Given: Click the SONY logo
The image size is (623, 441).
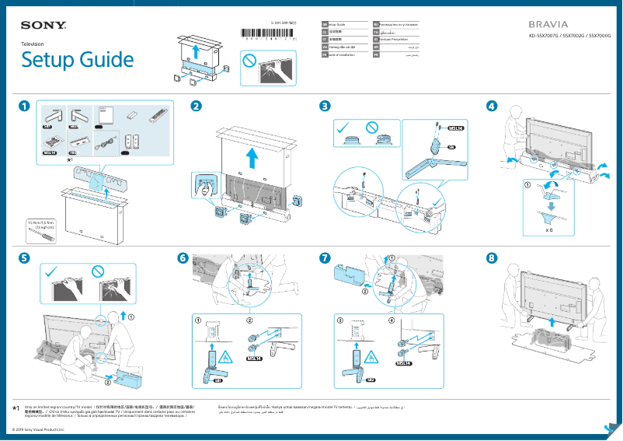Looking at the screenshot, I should [44, 26].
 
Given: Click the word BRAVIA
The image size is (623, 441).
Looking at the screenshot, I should [548, 25].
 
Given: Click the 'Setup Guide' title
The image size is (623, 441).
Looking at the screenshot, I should [77, 60].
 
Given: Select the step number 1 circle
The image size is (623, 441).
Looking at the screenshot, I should [26, 106].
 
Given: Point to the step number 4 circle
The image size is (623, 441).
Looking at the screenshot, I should [491, 106].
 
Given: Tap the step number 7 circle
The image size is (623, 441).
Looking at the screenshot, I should [325, 257].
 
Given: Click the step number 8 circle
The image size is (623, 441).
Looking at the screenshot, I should [491, 257].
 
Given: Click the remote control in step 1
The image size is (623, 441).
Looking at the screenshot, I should [158, 114].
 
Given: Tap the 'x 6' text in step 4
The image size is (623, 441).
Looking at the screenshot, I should [548, 230].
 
